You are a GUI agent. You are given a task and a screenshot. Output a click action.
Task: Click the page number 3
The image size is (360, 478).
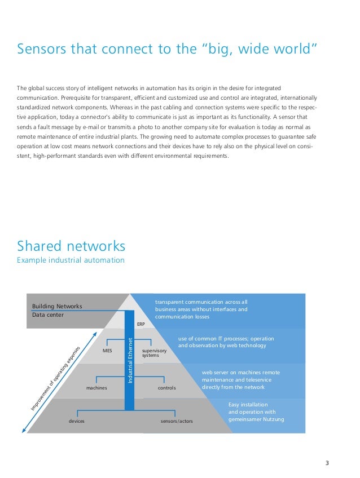click(x=327, y=463)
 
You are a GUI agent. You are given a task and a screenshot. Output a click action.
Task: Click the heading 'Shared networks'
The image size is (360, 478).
click(x=71, y=246)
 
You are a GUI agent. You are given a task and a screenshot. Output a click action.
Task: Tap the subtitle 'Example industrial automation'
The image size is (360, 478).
click(x=71, y=260)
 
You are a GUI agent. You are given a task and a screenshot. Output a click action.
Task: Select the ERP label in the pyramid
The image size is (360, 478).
click(x=141, y=325)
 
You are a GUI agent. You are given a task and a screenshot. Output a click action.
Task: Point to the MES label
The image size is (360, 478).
click(x=107, y=351)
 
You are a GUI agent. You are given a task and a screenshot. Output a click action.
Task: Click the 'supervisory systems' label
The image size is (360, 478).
click(x=154, y=353)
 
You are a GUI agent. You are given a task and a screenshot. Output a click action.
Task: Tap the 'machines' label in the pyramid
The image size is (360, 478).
click(x=96, y=388)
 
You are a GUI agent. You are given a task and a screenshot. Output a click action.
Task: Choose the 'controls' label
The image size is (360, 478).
click(x=166, y=388)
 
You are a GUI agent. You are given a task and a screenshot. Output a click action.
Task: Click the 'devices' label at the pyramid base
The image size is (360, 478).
click(x=76, y=421)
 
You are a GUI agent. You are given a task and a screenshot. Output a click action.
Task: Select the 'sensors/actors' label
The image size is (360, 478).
click(x=177, y=421)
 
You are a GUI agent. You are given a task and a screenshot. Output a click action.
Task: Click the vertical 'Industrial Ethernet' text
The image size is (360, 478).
click(x=130, y=361)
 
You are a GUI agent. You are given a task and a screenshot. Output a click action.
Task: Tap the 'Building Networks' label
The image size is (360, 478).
click(x=57, y=306)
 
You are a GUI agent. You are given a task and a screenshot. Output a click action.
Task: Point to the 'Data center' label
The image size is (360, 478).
click(x=48, y=315)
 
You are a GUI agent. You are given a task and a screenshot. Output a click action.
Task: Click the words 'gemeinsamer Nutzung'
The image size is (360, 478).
click(x=256, y=419)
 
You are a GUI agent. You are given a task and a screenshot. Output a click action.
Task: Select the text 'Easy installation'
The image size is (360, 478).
click(x=248, y=405)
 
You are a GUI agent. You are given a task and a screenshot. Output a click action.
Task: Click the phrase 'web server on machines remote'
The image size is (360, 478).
click(x=240, y=373)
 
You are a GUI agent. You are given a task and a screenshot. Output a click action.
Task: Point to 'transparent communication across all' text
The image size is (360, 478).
click(x=201, y=302)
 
